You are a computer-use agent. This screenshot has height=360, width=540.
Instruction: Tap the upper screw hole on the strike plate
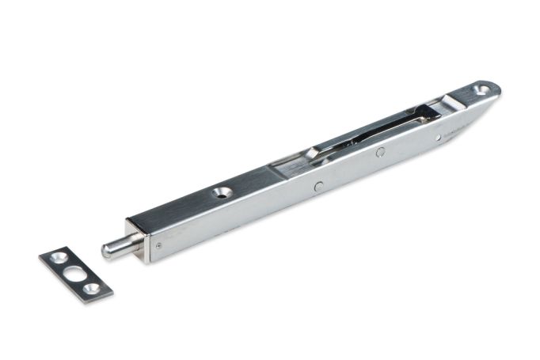pos(59,258)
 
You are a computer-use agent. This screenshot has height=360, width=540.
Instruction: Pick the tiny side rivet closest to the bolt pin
pos(158,245)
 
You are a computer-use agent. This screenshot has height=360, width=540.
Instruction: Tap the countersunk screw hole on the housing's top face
pos(222,191)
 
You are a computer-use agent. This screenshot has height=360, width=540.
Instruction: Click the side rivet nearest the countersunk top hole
pos(318,187)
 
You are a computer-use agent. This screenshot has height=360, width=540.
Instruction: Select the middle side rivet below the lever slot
pos(380,152)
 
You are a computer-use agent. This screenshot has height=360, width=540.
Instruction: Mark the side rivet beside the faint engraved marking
pos(438,137)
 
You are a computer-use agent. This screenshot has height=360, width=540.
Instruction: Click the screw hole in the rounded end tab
pos(481,89)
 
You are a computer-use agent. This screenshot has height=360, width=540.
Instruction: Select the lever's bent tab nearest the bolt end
pos(312,152)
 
